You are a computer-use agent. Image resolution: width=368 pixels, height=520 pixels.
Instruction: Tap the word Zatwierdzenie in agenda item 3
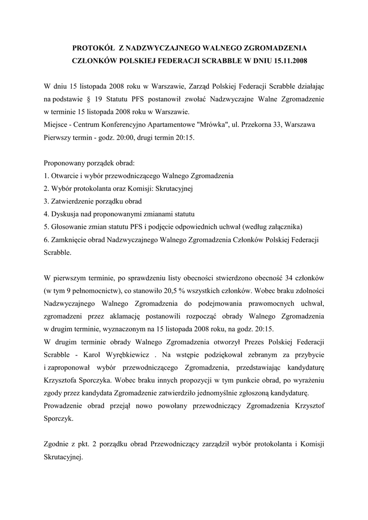(x=74, y=201)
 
